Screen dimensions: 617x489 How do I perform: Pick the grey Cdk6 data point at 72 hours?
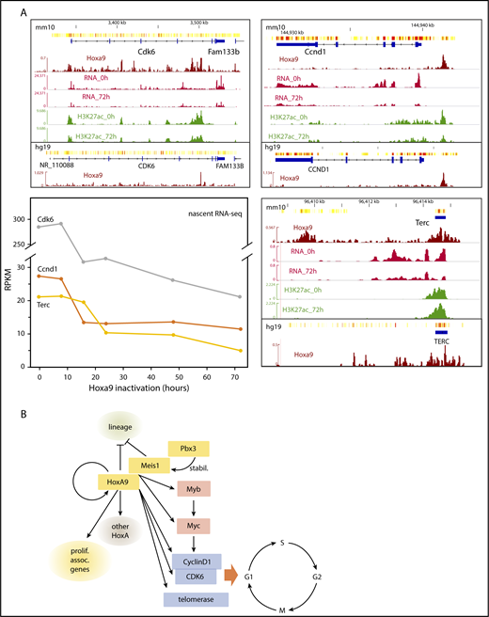[241, 296]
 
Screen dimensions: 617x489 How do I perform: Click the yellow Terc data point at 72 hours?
[241, 351]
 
